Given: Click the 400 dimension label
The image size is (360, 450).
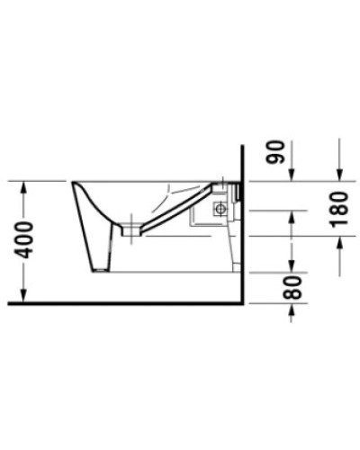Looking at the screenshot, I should click(29, 238).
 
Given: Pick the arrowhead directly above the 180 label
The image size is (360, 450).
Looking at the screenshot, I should click(337, 175).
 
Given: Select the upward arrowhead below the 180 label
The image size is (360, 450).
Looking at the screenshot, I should click(337, 239).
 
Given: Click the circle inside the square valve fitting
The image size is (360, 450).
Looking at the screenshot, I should click(218, 208).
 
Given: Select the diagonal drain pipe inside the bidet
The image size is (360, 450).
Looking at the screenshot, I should click(171, 211).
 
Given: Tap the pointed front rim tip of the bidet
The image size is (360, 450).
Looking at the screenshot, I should click(72, 183).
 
